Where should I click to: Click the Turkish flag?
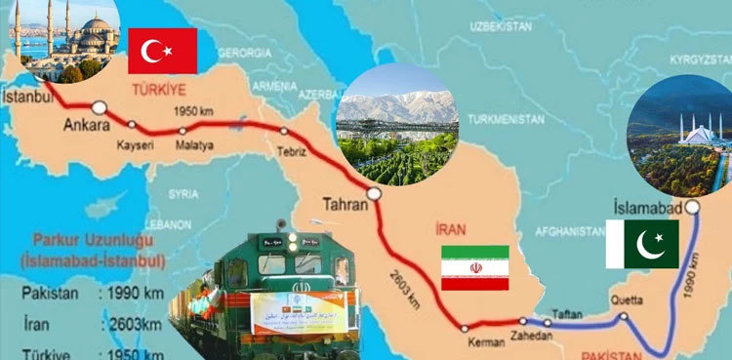162,51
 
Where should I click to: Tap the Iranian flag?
475,267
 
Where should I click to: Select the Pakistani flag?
641,244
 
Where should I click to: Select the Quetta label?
626,300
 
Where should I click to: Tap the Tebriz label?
290,153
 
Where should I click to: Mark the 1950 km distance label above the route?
192,109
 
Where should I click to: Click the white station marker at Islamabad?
692,207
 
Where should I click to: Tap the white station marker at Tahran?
375,193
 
